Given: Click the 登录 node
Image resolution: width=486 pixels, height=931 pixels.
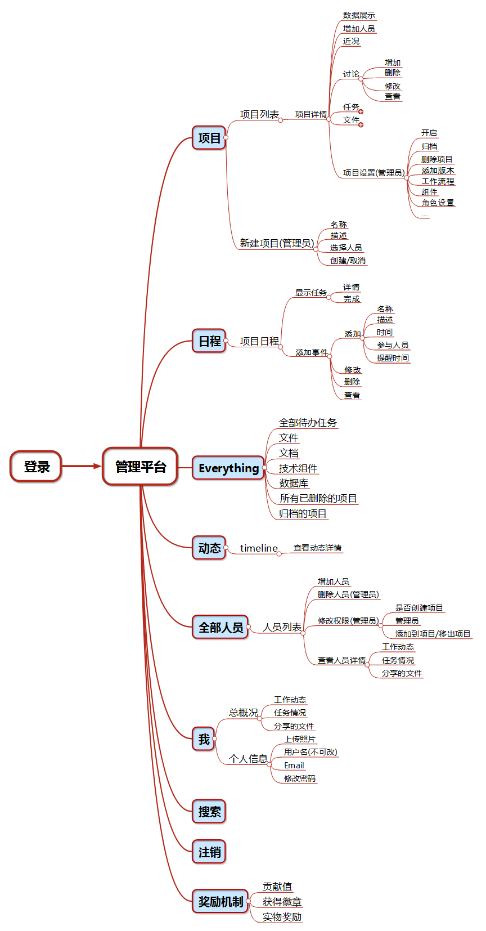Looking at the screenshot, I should pyautogui.click(x=36, y=467).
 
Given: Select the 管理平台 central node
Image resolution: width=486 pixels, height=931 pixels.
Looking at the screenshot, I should pyautogui.click(x=140, y=467).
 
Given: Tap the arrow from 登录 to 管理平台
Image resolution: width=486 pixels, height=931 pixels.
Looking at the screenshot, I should pyautogui.click(x=81, y=466).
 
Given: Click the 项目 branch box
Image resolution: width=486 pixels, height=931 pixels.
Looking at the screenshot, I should pyautogui.click(x=209, y=138).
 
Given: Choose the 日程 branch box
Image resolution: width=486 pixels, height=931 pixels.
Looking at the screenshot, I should pyautogui.click(x=209, y=341).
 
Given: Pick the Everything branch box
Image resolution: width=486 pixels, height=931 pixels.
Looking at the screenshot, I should pyautogui.click(x=228, y=468).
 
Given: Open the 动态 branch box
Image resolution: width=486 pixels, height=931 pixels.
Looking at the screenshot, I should pyautogui.click(x=209, y=548).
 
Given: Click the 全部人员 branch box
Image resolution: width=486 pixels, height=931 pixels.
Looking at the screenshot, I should pyautogui.click(x=220, y=628).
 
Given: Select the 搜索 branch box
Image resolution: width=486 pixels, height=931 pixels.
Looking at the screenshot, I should pyautogui.click(x=209, y=812).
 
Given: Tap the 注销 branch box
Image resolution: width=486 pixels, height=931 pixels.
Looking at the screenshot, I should pyautogui.click(x=209, y=852).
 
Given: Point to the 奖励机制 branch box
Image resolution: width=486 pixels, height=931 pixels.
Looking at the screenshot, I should pyautogui.click(x=220, y=902).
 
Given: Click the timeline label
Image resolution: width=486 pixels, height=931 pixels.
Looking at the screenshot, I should pyautogui.click(x=259, y=548).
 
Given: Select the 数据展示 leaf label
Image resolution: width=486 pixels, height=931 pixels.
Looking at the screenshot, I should pyautogui.click(x=359, y=16).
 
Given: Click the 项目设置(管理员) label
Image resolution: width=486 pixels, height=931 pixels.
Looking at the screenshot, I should pyautogui.click(x=373, y=173).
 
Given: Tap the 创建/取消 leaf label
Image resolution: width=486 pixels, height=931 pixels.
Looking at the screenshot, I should pyautogui.click(x=348, y=261).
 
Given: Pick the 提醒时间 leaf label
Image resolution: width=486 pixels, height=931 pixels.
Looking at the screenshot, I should pyautogui.click(x=393, y=358).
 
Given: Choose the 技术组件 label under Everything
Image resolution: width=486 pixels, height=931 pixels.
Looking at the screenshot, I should pyautogui.click(x=298, y=468).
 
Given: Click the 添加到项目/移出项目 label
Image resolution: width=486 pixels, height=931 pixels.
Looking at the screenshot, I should pyautogui.click(x=433, y=634).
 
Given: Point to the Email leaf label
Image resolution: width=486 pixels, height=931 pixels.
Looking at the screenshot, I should pyautogui.click(x=294, y=766).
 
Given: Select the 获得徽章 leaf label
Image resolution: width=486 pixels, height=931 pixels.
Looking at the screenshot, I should pyautogui.click(x=282, y=902).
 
